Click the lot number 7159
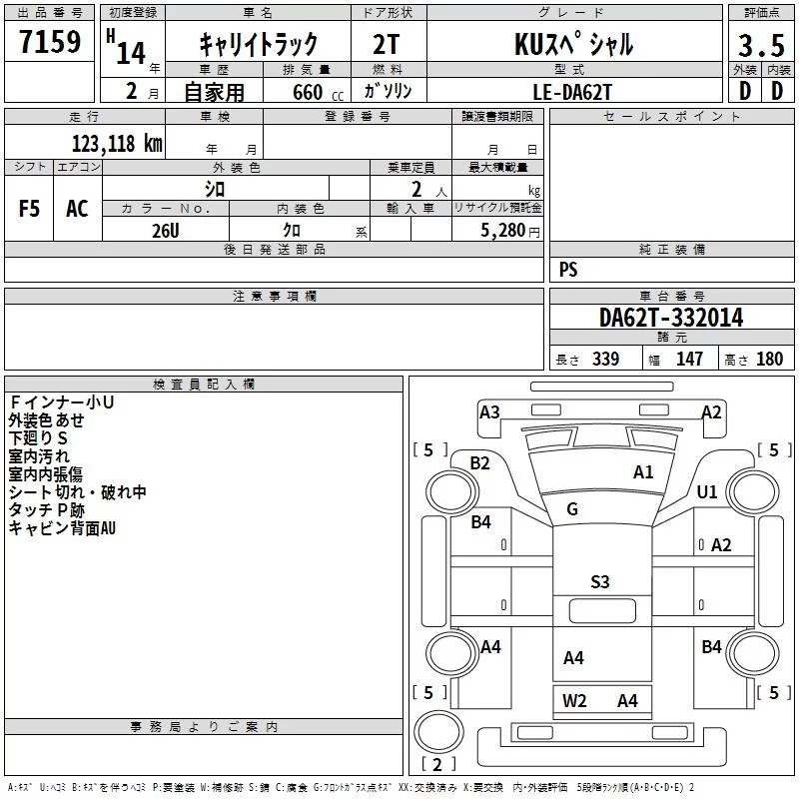point(51,43)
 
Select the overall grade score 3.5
point(761,45)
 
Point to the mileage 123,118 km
point(117,143)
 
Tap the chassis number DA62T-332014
point(671,318)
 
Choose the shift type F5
point(30,208)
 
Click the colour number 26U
point(165,229)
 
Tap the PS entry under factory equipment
point(568,270)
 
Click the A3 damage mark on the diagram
point(489,411)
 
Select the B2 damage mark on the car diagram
point(480,462)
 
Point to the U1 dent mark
point(707,491)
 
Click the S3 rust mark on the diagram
point(599,581)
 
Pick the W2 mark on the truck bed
point(574,700)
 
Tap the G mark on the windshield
point(572,508)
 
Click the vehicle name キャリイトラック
point(259,45)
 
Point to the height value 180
point(770,360)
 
